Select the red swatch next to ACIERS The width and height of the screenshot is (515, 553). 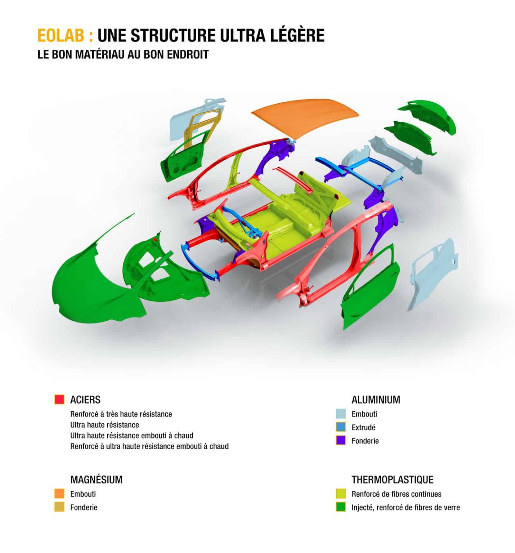[x=59, y=400]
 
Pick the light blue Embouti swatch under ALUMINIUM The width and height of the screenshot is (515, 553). [x=341, y=414]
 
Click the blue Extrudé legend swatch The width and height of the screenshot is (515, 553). [x=341, y=427]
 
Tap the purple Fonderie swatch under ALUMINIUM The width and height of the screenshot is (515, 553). [x=341, y=440]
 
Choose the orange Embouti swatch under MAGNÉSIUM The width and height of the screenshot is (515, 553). [x=59, y=494]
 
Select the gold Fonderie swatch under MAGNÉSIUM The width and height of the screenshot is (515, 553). [x=59, y=507]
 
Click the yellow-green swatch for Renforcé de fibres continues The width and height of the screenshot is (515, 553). [x=341, y=494]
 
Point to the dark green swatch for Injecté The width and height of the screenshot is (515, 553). [x=341, y=507]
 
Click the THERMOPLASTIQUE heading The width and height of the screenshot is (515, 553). [x=393, y=480]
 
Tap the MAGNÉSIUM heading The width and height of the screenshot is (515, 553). [x=96, y=480]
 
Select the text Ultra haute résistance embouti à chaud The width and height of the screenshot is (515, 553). [x=132, y=435]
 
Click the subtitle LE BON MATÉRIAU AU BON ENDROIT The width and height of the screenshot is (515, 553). [x=123, y=55]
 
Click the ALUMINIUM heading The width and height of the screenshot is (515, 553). [x=376, y=400]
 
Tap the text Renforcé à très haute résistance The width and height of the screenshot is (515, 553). [x=121, y=414]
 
